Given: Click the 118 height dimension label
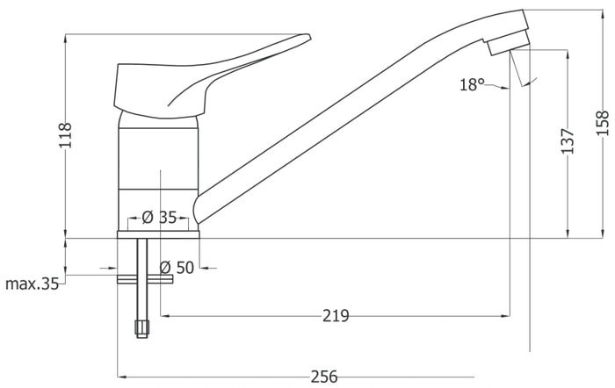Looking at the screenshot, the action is (66, 135).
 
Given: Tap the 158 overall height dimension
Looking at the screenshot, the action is (603, 123).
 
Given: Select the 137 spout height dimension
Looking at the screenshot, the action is (568, 140).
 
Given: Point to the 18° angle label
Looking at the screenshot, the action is (473, 84).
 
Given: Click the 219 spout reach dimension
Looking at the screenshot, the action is (336, 315).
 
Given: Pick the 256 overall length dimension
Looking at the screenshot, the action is (324, 377).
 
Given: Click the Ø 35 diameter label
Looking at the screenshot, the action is (159, 218).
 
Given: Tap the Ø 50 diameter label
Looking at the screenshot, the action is (177, 268).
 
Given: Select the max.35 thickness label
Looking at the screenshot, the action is (33, 284).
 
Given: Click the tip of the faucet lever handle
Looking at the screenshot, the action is (309, 37).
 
